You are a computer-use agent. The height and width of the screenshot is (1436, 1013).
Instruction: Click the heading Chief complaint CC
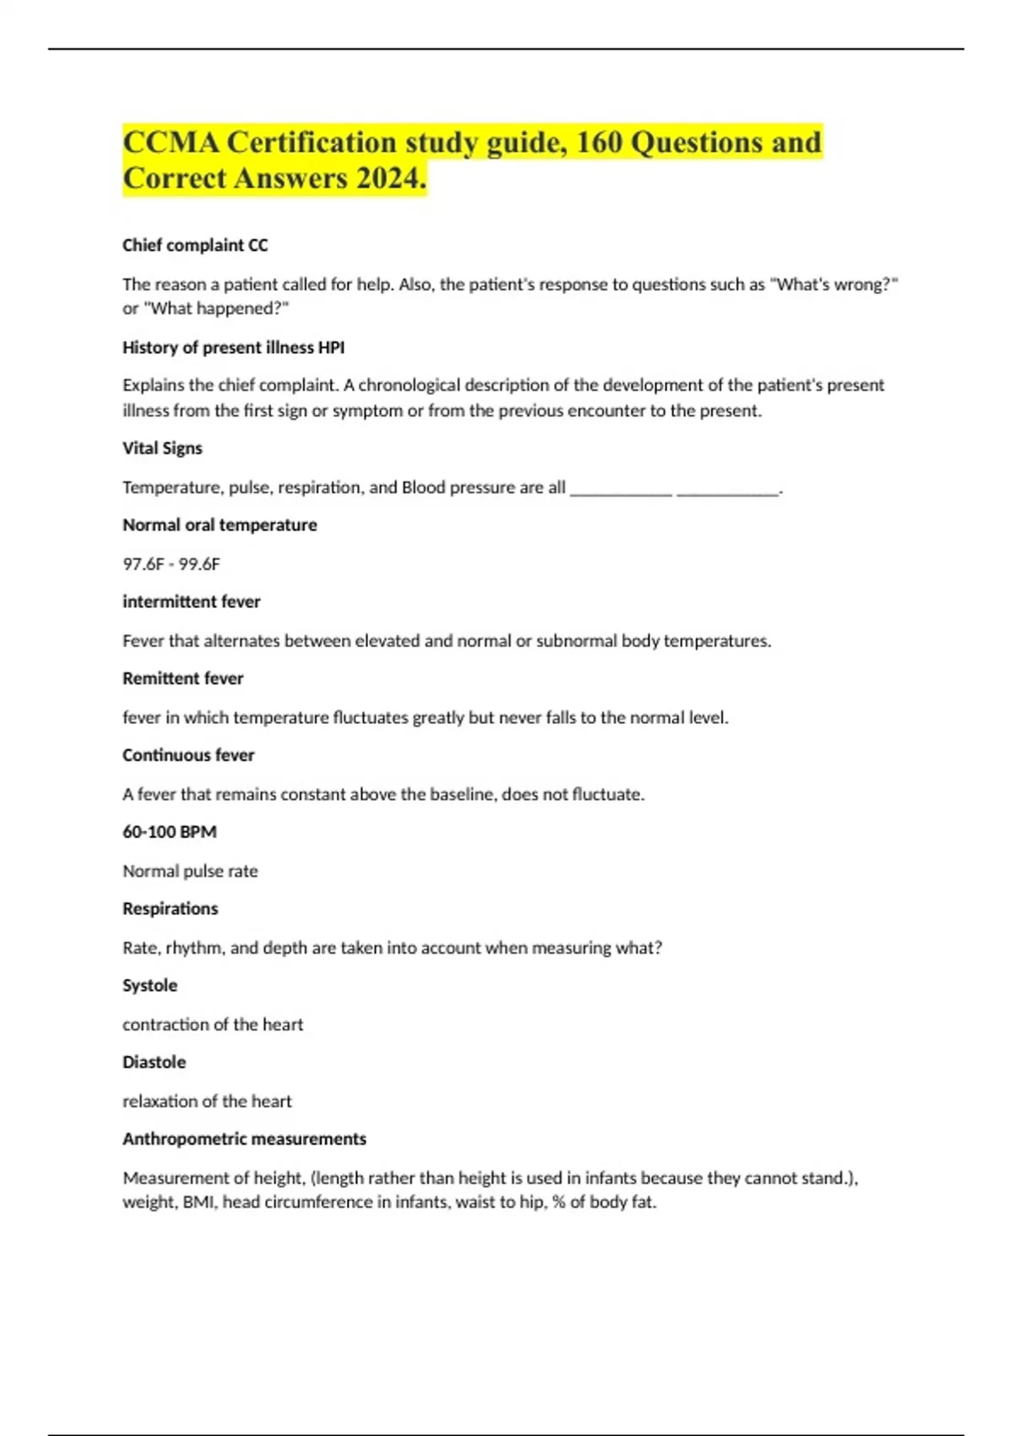click(x=195, y=245)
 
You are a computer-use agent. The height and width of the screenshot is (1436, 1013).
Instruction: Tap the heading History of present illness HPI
click(x=233, y=347)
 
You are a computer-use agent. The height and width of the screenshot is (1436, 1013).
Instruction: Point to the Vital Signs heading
click(x=162, y=448)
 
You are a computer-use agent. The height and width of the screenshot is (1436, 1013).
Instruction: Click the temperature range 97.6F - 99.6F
click(x=171, y=563)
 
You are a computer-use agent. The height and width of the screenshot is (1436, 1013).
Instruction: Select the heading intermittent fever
click(x=191, y=601)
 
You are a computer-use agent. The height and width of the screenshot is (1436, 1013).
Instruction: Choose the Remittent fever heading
click(x=182, y=678)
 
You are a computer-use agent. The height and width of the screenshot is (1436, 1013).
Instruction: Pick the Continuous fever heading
click(x=188, y=755)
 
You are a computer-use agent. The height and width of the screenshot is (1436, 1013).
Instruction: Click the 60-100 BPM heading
click(x=170, y=832)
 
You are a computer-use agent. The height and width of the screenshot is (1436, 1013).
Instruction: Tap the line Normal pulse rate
click(x=190, y=871)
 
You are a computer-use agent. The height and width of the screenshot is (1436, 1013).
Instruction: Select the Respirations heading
click(x=170, y=909)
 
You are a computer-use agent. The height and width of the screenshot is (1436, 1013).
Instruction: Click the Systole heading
click(x=149, y=985)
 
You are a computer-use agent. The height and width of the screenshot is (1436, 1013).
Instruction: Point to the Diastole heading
click(x=154, y=1062)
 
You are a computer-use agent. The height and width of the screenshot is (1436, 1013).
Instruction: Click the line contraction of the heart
click(x=213, y=1025)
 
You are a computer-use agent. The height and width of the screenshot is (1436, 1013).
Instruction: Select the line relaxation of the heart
click(x=207, y=1101)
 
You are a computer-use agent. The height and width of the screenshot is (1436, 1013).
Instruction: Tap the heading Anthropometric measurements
click(x=244, y=1139)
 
